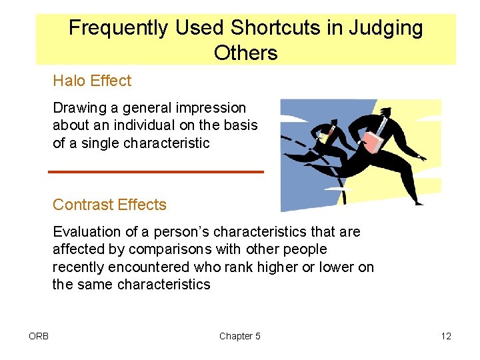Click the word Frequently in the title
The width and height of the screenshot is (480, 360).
pos(118,28)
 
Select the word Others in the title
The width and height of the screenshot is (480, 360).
pos(245,53)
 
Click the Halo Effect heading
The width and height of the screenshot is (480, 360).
pos(92,81)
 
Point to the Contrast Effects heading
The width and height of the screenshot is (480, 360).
pos(109,205)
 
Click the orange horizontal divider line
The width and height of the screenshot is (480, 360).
pos(156,172)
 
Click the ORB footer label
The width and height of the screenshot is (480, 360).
pos(39,336)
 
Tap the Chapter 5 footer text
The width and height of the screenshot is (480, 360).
pos(240,336)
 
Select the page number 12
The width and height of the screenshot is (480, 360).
pos(446,336)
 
